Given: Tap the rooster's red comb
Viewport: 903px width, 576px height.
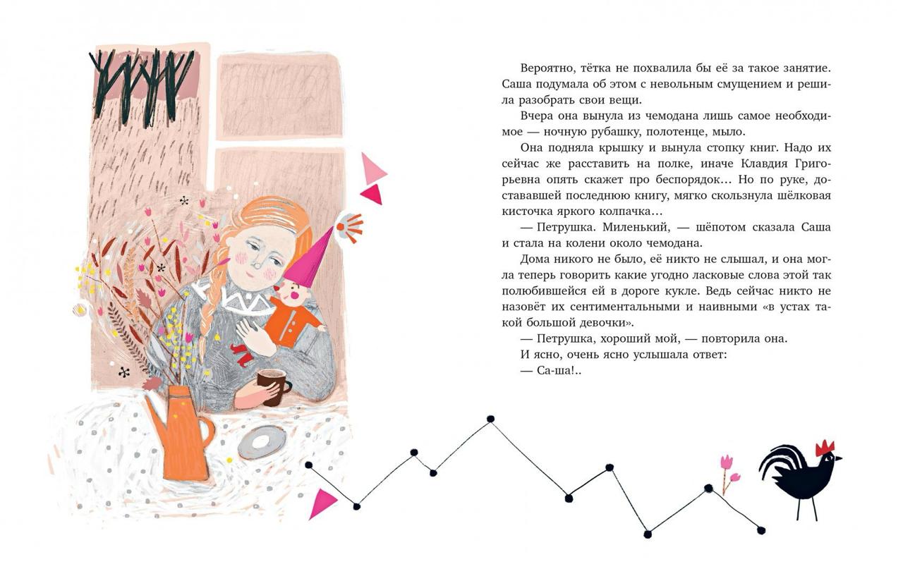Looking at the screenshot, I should [x=825, y=448].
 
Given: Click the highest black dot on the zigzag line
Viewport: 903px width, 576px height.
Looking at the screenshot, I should [x=490, y=419].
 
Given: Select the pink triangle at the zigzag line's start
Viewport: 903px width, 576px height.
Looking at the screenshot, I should [x=323, y=503].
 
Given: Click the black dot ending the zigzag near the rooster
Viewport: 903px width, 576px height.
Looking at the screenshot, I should [x=760, y=530].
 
